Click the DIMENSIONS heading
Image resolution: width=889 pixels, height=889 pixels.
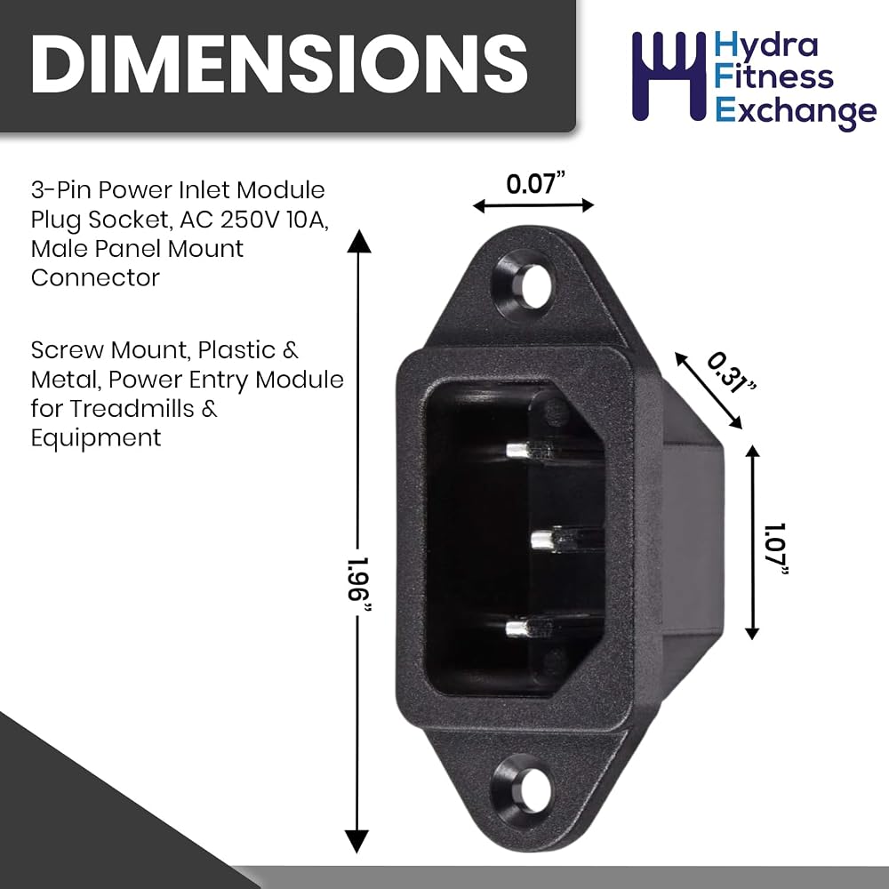[x=279, y=63]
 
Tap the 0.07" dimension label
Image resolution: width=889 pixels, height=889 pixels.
[x=536, y=184]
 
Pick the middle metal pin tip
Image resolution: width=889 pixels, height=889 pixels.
[x=543, y=540]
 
